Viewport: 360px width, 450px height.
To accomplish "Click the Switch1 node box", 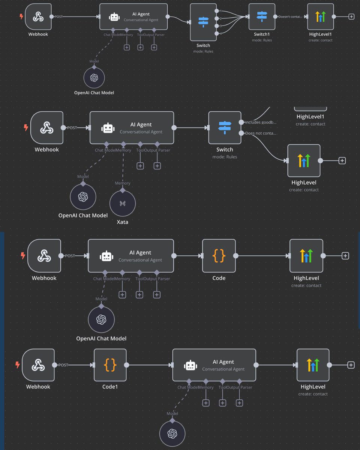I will click(262, 16).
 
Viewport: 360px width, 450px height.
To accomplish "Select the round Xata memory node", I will click(122, 203).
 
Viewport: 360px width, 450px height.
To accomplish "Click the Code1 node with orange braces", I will click(110, 365).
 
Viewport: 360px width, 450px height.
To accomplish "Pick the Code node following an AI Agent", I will click(219, 256).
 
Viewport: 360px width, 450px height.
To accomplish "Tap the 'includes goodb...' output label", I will click(261, 122).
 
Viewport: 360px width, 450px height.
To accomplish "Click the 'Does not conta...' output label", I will click(261, 133).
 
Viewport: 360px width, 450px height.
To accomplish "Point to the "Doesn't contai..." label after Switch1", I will click(290, 16).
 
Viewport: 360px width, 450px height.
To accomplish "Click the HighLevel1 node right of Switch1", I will click(320, 16).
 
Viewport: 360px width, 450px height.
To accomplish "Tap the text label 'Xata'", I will click(122, 222).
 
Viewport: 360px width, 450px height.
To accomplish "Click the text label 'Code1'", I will click(110, 387).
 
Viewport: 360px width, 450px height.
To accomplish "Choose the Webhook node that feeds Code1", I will click(38, 365).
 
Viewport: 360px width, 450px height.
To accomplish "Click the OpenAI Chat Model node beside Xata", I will click(83, 196).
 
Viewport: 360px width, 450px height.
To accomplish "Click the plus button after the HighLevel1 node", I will click(351, 16).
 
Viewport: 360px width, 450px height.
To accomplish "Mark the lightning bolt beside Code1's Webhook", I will click(17, 365).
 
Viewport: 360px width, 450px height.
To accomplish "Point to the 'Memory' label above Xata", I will click(123, 183).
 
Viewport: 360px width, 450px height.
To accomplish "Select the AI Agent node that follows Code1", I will click(214, 365).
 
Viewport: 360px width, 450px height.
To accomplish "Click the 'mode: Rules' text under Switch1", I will click(262, 40).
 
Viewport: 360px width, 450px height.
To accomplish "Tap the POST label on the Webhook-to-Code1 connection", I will click(63, 365).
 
